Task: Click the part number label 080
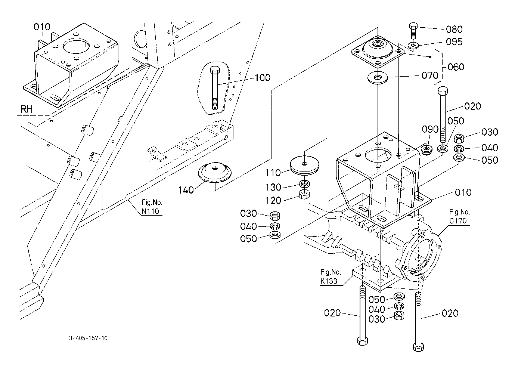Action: point(454,29)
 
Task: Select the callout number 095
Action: point(454,42)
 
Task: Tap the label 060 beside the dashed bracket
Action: point(456,67)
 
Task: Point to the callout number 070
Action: point(430,75)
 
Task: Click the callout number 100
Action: point(263,78)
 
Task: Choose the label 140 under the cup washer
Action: point(186,190)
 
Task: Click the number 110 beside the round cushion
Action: point(273,173)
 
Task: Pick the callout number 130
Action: point(273,187)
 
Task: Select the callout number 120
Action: point(273,201)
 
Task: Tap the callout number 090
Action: point(430,129)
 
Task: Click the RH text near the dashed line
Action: point(27,109)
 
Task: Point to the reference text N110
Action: point(151,211)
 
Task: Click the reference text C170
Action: point(458,221)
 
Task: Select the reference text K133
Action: point(329,281)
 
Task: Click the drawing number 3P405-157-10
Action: point(88,338)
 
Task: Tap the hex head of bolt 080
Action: point(414,26)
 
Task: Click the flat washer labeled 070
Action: point(378,78)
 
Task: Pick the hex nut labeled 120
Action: point(304,194)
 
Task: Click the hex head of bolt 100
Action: point(215,69)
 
